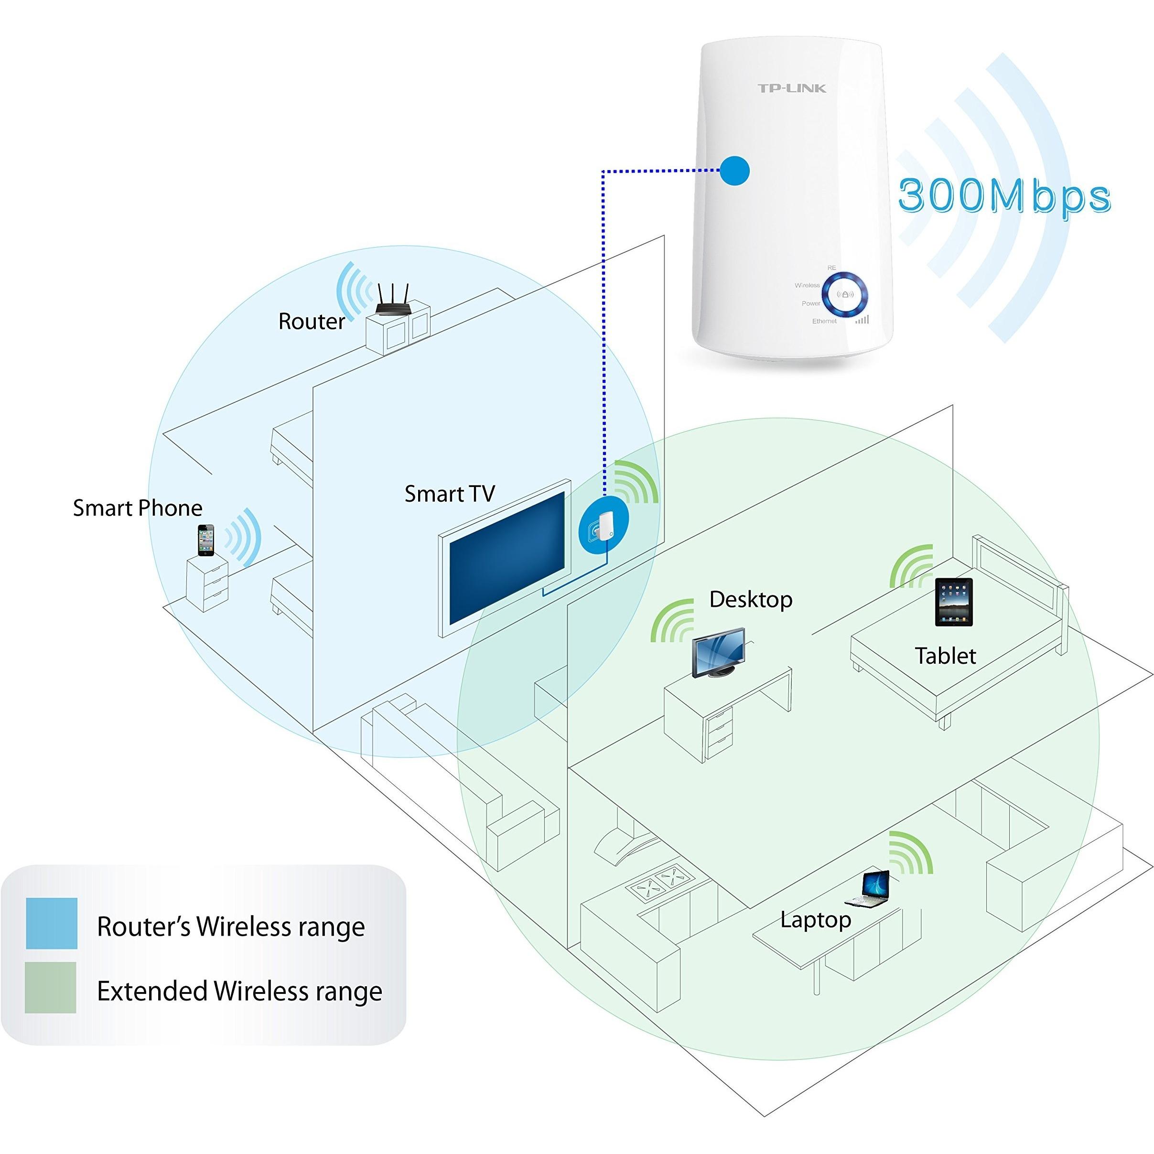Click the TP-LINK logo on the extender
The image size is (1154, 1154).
tap(791, 88)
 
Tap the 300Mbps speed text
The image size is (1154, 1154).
tap(1004, 196)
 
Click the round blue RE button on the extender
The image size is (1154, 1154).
tap(845, 294)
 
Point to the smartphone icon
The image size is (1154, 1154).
tap(206, 540)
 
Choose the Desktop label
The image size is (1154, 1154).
tap(750, 600)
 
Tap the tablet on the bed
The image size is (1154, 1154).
tap(953, 602)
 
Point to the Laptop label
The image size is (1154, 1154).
tap(815, 920)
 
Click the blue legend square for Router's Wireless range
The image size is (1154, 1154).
tap(52, 923)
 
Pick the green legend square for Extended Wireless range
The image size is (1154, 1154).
tap(51, 987)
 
